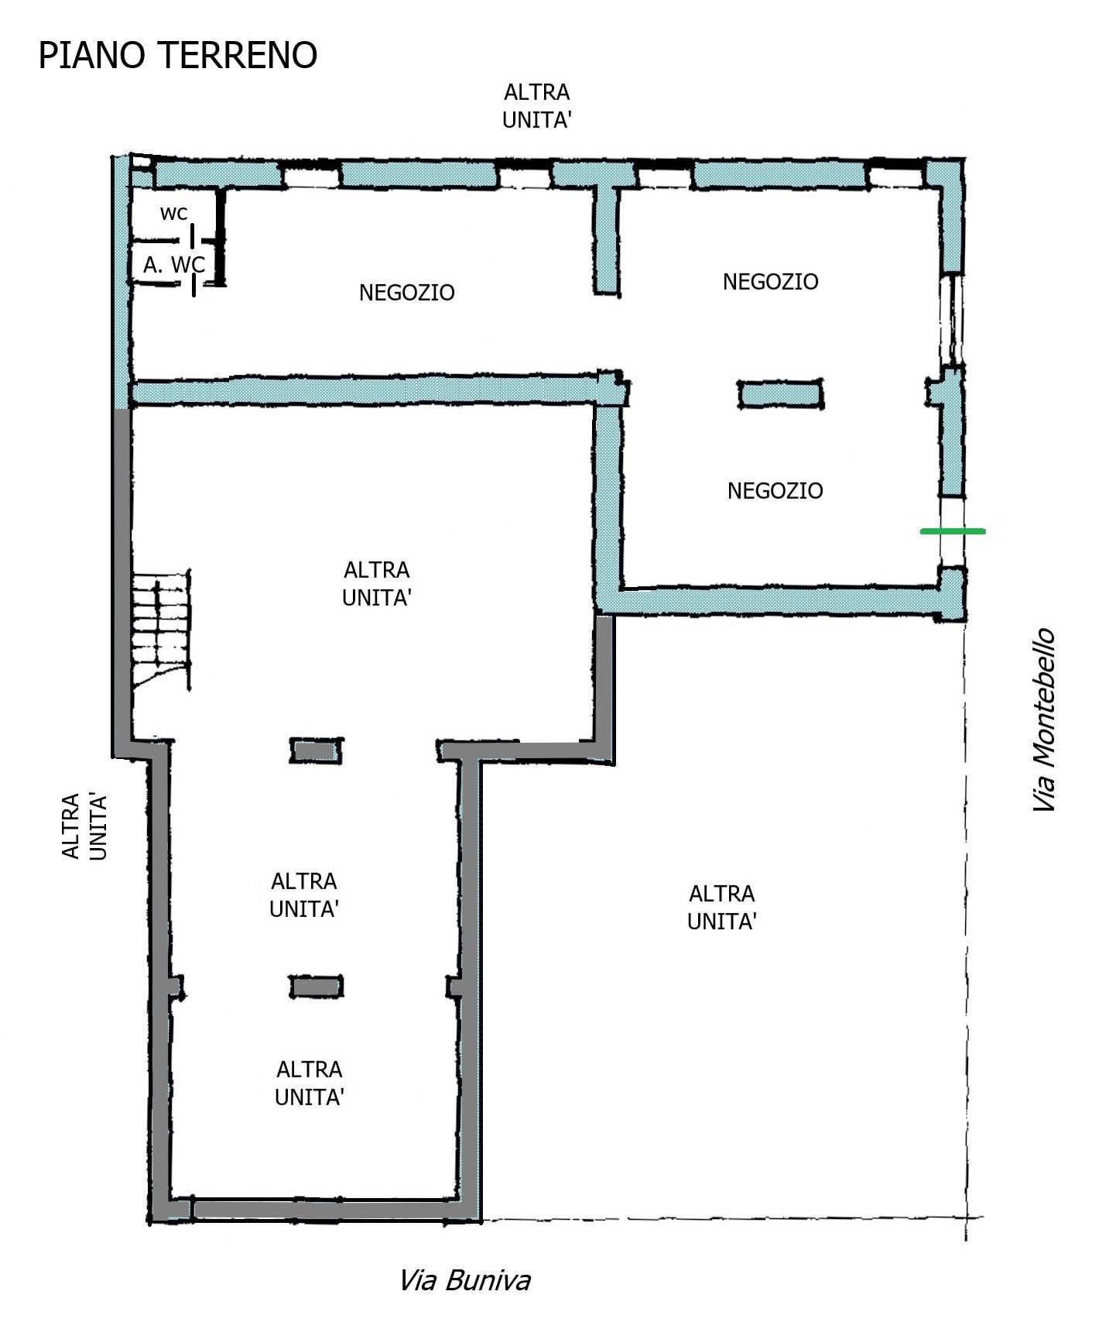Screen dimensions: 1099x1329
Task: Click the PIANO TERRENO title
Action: (178, 56)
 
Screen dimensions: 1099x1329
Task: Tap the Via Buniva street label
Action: (464, 1281)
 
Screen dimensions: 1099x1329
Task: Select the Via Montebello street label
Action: (1044, 720)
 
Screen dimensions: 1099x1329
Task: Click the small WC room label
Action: (173, 214)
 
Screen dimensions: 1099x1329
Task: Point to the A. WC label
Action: (174, 265)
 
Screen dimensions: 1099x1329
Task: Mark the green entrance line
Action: (953, 531)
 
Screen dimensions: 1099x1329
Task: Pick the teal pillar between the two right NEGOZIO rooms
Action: (780, 394)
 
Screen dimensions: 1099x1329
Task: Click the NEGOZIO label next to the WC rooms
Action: (407, 293)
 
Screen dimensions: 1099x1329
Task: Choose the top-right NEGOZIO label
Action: (771, 282)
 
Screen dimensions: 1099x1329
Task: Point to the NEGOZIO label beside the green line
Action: (775, 491)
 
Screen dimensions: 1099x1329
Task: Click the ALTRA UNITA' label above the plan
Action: (537, 106)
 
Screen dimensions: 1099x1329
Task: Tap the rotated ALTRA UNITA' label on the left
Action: (84, 826)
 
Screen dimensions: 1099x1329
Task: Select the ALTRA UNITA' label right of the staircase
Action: (377, 584)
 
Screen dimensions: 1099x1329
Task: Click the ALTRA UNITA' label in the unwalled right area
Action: (722, 908)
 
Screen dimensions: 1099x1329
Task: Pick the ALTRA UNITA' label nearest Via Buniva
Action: (310, 1083)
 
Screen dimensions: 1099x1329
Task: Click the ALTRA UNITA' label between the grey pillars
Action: (304, 895)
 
